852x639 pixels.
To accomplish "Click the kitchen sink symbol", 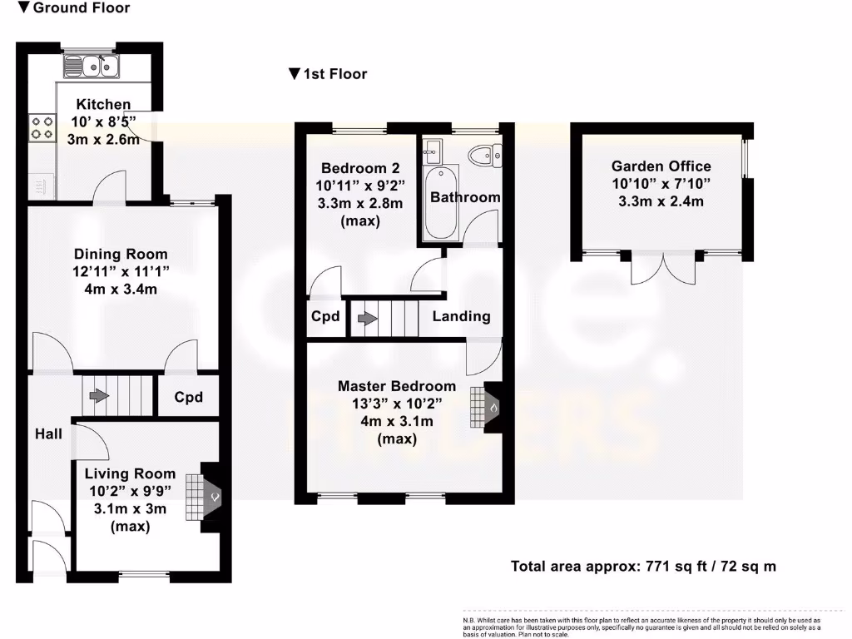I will click(92, 65).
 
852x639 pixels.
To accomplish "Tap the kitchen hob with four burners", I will click(40, 126).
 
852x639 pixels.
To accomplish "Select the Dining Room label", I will click(121, 254).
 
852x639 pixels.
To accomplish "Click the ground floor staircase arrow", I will click(98, 395).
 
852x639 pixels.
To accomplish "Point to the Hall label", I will click(48, 434).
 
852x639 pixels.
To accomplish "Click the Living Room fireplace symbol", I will click(204, 498).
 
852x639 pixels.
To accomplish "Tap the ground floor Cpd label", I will click(189, 397).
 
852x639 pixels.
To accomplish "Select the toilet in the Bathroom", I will click(484, 155).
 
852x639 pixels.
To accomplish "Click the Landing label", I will click(461, 316).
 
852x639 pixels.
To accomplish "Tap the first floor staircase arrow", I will click(364, 318).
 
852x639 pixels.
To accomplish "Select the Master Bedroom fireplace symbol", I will click(485, 408).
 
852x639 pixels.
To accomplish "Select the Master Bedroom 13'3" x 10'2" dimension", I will click(396, 405).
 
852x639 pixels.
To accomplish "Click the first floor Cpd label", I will click(325, 317).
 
